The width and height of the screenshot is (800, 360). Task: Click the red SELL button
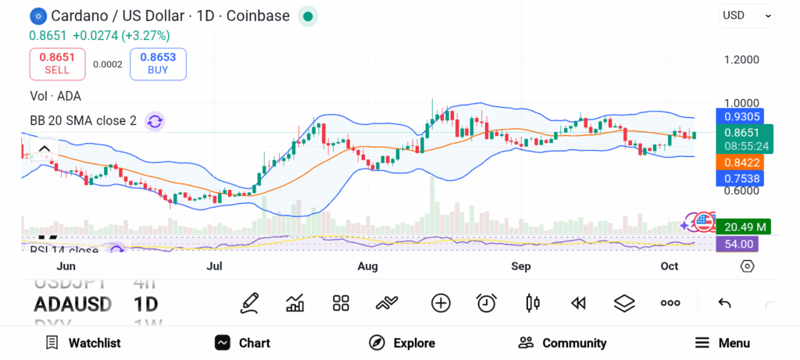click(57, 63)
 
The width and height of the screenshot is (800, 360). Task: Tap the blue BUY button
click(159, 63)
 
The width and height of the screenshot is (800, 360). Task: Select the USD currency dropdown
click(746, 15)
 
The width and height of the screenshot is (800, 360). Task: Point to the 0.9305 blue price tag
click(745, 116)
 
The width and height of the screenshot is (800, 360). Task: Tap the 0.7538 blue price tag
click(745, 179)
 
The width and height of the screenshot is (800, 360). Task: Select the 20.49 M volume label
click(745, 226)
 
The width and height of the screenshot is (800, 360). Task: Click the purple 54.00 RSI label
click(737, 244)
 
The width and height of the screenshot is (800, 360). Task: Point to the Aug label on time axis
click(367, 266)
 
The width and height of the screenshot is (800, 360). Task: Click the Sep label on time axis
click(520, 266)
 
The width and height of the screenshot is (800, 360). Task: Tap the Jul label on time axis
click(214, 266)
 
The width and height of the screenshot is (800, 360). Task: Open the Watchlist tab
click(84, 343)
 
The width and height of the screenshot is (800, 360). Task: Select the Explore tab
click(402, 343)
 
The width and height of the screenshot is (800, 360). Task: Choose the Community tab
click(562, 343)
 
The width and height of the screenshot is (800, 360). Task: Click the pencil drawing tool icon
click(250, 303)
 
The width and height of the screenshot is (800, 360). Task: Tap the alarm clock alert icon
click(487, 303)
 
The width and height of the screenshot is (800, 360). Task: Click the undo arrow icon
click(724, 303)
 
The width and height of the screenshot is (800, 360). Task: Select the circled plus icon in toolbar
click(441, 303)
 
